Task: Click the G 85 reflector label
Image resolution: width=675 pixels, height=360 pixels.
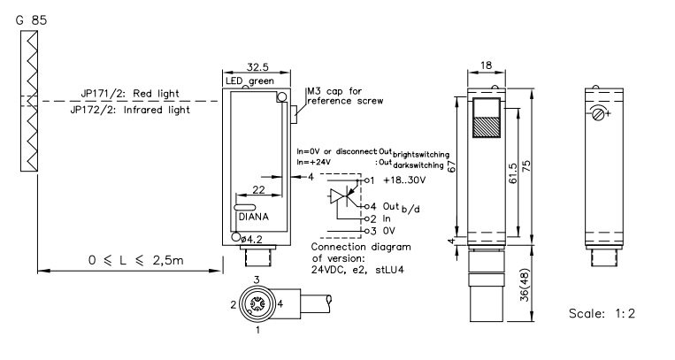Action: pos(31,20)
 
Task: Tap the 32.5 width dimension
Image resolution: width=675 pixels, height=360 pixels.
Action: pos(257,66)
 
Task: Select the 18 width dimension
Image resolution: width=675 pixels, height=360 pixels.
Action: pos(486,65)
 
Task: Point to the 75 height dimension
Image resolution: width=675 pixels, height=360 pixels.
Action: pos(526,167)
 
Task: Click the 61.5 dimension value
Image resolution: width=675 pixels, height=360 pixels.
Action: pos(513,173)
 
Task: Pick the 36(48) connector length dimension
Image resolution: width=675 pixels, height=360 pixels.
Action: pos(525,285)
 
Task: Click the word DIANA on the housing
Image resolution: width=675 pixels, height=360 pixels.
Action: pos(254,217)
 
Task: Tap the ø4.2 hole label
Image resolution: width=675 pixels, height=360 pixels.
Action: pos(252,240)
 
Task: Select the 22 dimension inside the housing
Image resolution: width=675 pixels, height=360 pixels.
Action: pos(258,189)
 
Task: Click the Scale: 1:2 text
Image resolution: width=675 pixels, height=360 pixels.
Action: pos(602,313)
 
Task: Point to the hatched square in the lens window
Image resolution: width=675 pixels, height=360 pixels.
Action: pos(487,126)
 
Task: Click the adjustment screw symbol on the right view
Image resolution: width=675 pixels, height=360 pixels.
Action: pos(598,114)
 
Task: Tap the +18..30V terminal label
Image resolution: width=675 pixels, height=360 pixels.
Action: pos(403,180)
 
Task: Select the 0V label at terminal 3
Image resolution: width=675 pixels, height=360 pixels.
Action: pos(388,231)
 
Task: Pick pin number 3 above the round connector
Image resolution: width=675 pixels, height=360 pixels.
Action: pos(257,280)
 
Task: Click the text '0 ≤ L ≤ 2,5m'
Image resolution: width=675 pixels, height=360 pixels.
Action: pos(136,260)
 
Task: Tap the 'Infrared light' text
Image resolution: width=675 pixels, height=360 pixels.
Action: pos(157,111)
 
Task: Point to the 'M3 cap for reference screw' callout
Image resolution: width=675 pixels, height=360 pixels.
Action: pos(345,96)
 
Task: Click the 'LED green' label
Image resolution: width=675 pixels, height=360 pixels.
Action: pos(249,81)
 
